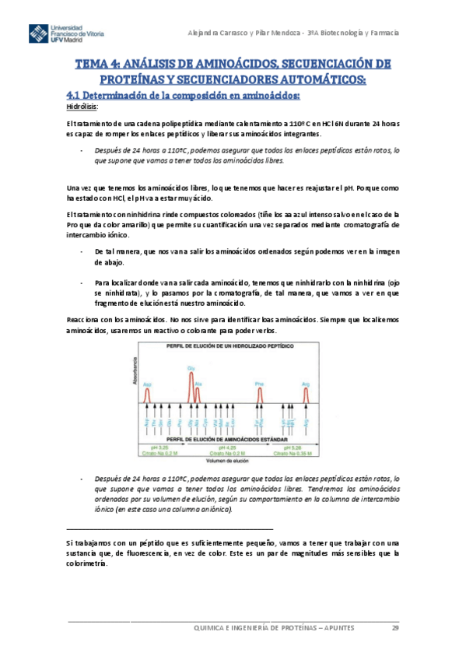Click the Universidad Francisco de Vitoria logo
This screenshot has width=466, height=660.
[x=68, y=35]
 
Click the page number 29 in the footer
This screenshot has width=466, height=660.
[x=394, y=627]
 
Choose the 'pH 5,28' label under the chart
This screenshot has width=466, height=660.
[x=293, y=448]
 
